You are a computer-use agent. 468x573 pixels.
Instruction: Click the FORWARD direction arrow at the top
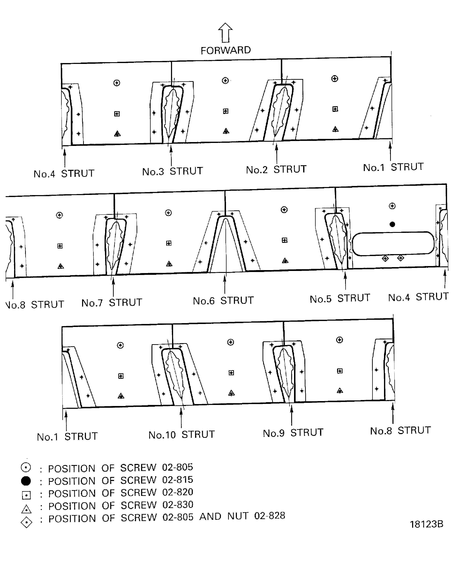tap(225, 33)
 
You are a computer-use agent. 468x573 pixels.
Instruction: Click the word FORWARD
tap(226, 50)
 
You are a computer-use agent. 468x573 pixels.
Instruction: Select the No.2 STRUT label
tap(276, 169)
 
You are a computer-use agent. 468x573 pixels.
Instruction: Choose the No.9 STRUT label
tap(293, 433)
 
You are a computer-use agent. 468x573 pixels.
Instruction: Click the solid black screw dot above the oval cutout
tap(392, 224)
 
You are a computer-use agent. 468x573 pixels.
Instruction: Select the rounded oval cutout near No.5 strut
tap(393, 244)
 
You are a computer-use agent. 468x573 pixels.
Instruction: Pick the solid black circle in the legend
tap(26, 481)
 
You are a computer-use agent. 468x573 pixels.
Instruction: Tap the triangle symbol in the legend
tap(26, 509)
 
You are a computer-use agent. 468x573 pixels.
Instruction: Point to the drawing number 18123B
tap(427, 524)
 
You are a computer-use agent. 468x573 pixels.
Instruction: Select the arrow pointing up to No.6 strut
tap(225, 284)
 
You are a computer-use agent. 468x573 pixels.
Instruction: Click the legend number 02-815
tap(177, 480)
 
